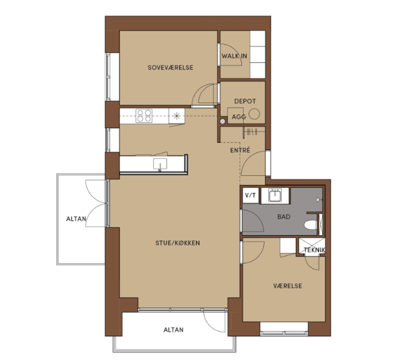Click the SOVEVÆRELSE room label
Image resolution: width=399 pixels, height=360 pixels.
click(x=171, y=68)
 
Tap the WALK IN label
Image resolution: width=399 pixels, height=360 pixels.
click(x=234, y=56)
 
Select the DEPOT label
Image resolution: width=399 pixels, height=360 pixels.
click(x=245, y=101)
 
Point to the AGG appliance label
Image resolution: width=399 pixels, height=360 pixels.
click(x=239, y=117)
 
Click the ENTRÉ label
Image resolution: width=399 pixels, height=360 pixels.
click(x=240, y=150)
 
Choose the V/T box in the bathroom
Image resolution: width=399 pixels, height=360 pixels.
click(x=250, y=195)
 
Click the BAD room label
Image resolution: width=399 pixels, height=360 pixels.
click(x=284, y=217)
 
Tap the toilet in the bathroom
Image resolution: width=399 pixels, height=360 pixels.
click(x=311, y=225)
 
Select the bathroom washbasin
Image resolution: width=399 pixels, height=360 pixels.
click(x=275, y=195)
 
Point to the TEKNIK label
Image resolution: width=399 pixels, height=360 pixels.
click(x=315, y=250)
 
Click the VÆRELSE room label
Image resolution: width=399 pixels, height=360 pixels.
click(x=287, y=286)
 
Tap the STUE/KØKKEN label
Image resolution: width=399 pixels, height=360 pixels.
click(x=177, y=243)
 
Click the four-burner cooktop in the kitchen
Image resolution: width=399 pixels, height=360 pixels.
click(x=144, y=116)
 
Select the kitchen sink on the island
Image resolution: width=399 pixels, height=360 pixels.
click(x=160, y=164)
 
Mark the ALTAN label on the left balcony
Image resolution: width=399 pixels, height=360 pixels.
click(x=76, y=219)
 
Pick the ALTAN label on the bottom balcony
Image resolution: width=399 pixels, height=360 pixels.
click(x=173, y=330)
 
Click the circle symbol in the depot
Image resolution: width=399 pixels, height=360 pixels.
click(x=254, y=114)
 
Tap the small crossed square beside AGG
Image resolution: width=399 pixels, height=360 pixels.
click(x=223, y=121)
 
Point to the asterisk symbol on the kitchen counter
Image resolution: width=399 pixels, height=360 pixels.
click(x=176, y=116)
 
